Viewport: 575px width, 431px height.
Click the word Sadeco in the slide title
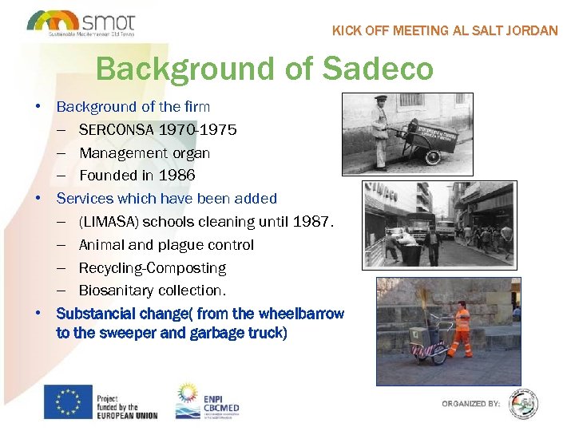pos(377,69)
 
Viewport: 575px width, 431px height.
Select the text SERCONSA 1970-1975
pos(157,129)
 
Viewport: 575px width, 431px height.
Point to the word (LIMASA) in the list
pos(109,221)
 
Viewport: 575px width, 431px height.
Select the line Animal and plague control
pos(166,244)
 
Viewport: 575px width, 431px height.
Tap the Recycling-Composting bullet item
pos(152,267)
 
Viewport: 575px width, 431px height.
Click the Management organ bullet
pos(145,152)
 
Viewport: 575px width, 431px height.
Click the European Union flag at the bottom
pos(67,401)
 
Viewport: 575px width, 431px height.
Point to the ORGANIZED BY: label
pos(471,404)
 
